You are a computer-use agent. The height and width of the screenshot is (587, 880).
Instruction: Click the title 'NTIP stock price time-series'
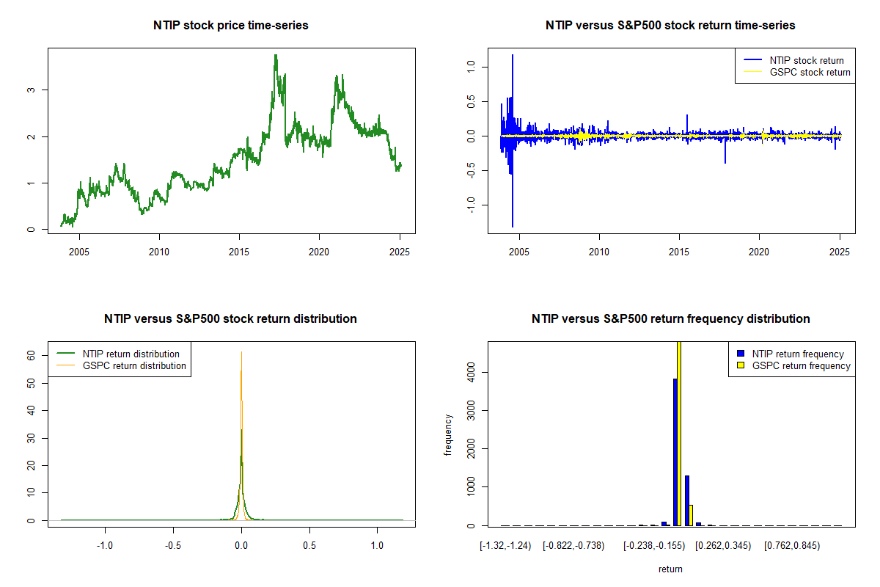231,25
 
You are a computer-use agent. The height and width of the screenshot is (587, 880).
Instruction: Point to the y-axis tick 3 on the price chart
31,90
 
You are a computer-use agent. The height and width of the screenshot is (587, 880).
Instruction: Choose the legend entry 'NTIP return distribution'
131,354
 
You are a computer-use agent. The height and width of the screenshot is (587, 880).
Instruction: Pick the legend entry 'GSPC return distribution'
134,365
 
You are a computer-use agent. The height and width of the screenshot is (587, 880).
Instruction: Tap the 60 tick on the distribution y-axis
31,354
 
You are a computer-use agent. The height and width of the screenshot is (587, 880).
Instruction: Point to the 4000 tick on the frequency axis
471,373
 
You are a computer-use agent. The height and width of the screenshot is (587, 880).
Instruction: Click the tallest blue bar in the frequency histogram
675,452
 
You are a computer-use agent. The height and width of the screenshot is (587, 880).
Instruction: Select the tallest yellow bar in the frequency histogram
680,433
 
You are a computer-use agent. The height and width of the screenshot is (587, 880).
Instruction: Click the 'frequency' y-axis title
449,434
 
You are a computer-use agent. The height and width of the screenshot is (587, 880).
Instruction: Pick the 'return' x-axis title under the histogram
670,569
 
